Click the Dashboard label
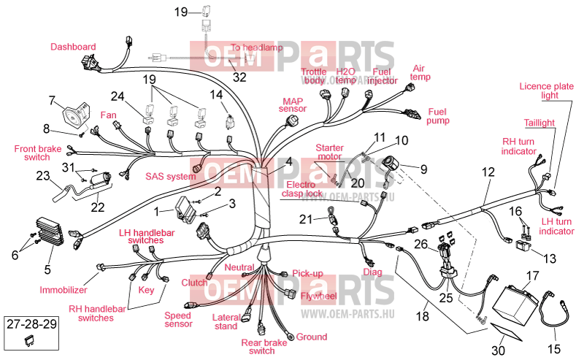[73, 47]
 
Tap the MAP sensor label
[293, 105]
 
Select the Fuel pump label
[437, 116]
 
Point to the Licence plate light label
[546, 91]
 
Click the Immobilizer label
[64, 290]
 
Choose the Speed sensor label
[178, 320]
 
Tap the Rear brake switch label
[264, 347]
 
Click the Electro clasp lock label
[301, 189]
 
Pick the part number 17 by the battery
[533, 276]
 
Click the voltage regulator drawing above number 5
[50, 231]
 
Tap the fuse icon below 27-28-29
[28, 340]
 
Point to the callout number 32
[239, 77]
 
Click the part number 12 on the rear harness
[488, 172]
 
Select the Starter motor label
[329, 152]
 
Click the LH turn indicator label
[556, 226]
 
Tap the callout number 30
[498, 351]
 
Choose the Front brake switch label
[38, 153]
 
